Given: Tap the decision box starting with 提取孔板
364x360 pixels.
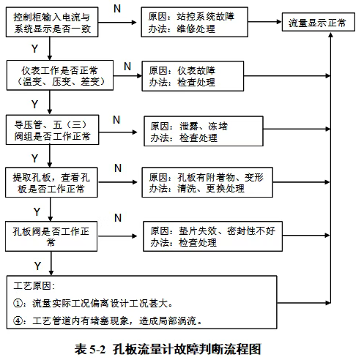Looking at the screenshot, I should point(49,183).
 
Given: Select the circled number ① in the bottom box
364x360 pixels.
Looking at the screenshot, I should point(20,302).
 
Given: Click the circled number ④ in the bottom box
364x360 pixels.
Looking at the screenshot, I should point(20,320).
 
